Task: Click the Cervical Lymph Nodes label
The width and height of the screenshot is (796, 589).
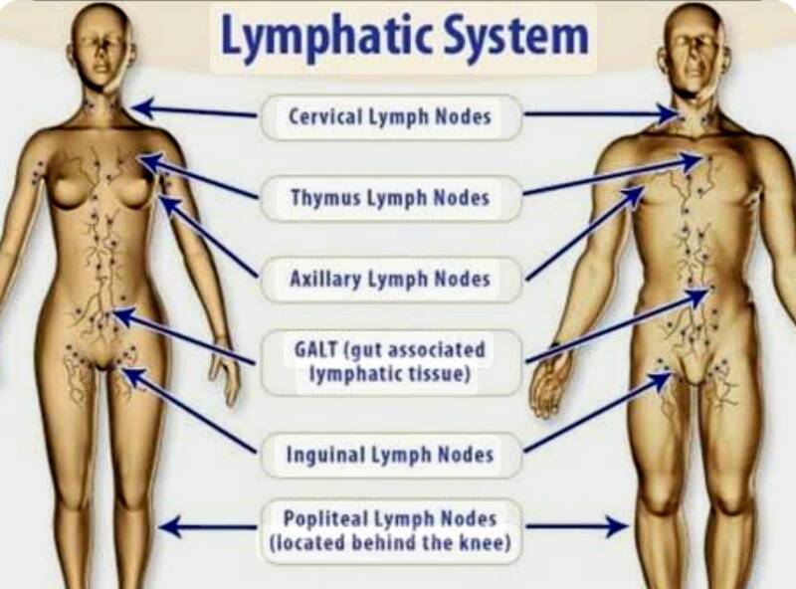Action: (x=390, y=116)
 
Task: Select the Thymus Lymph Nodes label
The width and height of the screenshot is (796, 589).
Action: (x=390, y=197)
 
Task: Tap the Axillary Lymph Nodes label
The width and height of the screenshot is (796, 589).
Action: (x=390, y=279)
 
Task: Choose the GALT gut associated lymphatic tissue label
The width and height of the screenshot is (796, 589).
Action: (x=390, y=362)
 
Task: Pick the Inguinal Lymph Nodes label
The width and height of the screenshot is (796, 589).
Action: (x=390, y=456)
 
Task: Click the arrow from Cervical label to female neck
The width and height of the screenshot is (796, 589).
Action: (x=194, y=108)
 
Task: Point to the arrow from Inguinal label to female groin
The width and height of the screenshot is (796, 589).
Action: (x=189, y=410)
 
